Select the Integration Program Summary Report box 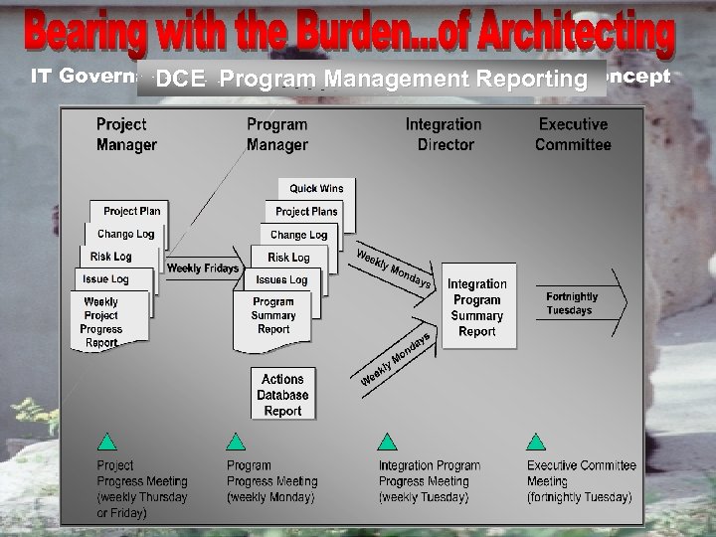point(477,307)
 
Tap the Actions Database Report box point(283,395)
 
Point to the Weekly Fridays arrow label point(203,268)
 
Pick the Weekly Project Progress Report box point(101,322)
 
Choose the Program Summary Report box point(273,315)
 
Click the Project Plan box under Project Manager point(132,211)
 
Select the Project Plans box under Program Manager point(306,211)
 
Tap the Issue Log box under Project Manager point(105,279)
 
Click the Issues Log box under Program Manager point(281,279)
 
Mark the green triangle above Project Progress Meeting point(107,442)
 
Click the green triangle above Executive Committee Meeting point(536,442)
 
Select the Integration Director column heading point(444,134)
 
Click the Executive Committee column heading point(573,134)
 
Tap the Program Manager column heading point(276,134)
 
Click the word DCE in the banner point(180,79)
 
